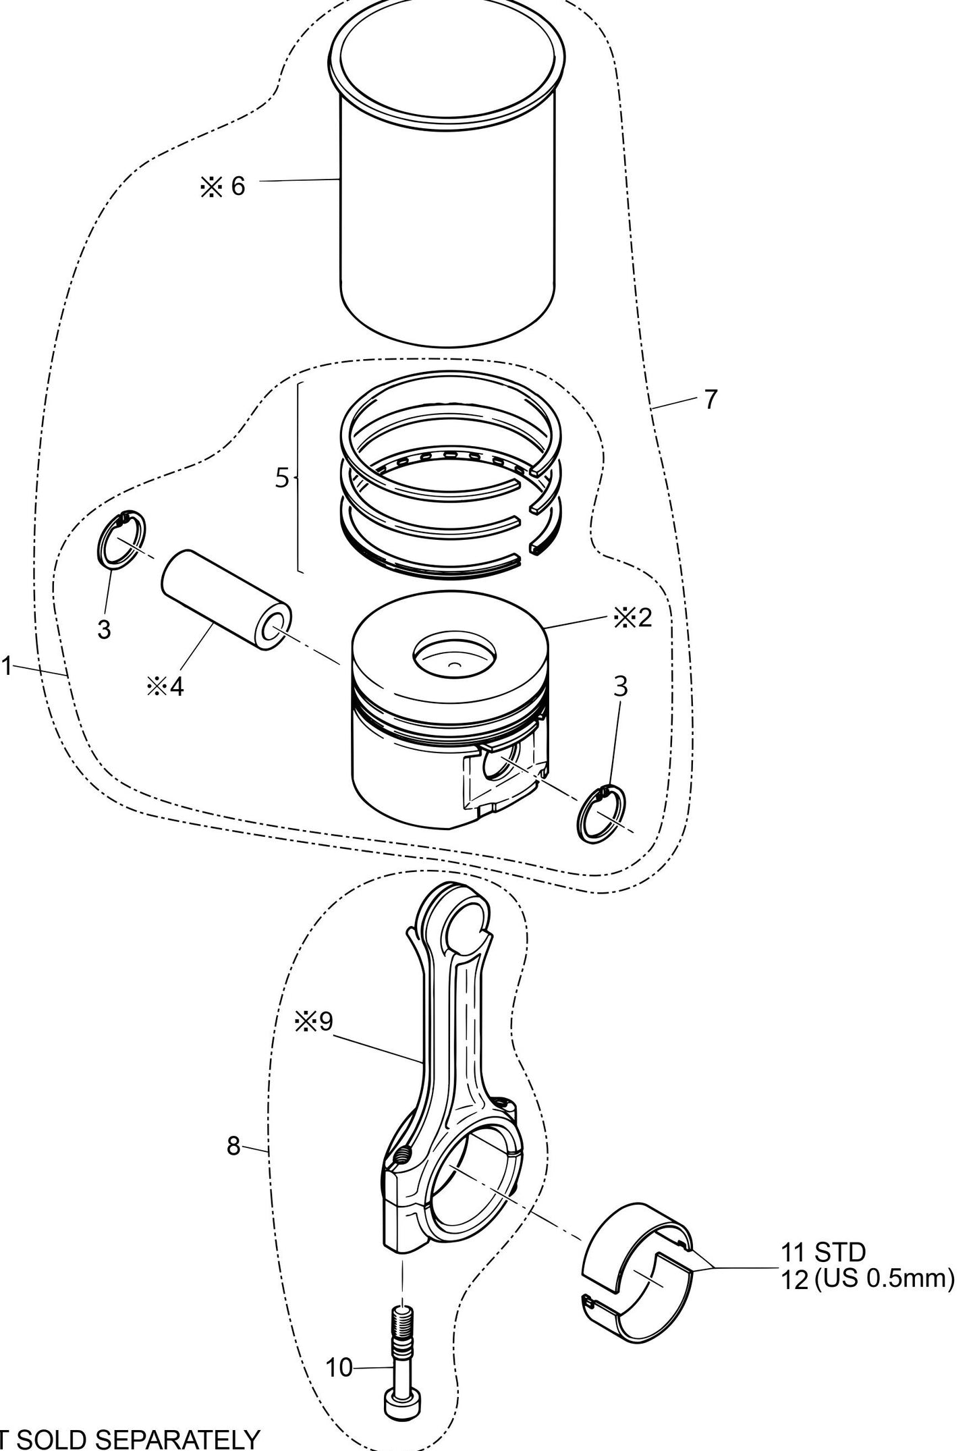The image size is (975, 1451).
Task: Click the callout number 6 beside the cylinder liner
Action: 238,186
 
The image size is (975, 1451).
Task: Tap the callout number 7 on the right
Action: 711,400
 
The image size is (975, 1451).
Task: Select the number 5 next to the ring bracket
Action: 282,478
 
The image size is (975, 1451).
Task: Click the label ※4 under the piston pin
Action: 165,686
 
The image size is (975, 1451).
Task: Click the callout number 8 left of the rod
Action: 233,1145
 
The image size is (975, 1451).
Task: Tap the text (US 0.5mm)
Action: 884,1278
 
